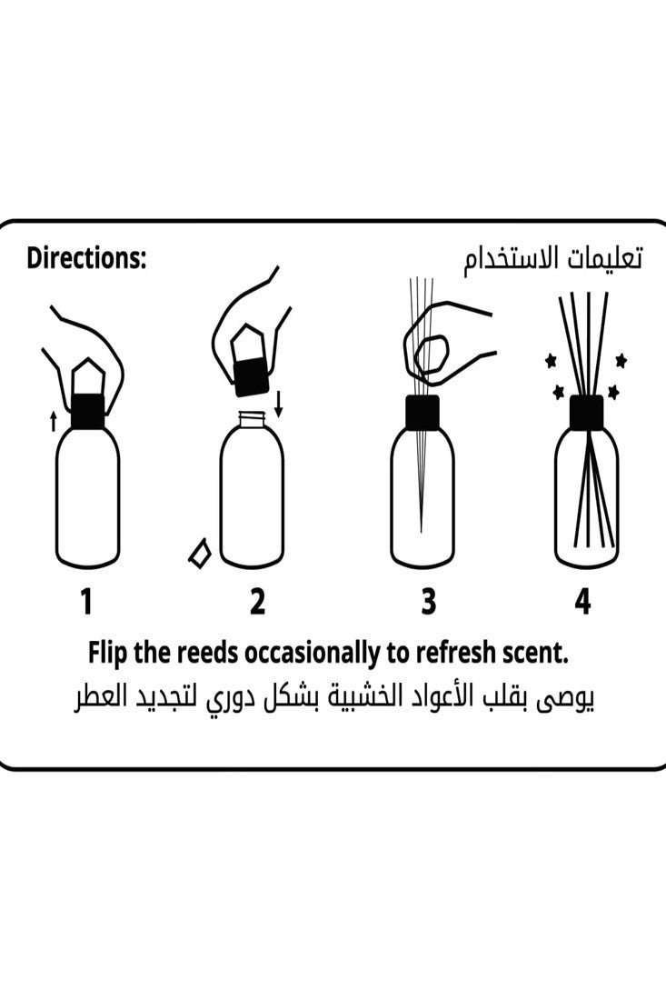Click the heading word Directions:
pos(86,258)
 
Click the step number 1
pos(86,601)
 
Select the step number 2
pos(257,601)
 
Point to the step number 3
pos(428,601)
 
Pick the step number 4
pos(582,601)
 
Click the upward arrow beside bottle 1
pos(53,420)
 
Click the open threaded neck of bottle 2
pos(252,420)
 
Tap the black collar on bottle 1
pos(87,411)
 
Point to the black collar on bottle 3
pos(422,411)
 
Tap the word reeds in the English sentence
pos(204,653)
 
